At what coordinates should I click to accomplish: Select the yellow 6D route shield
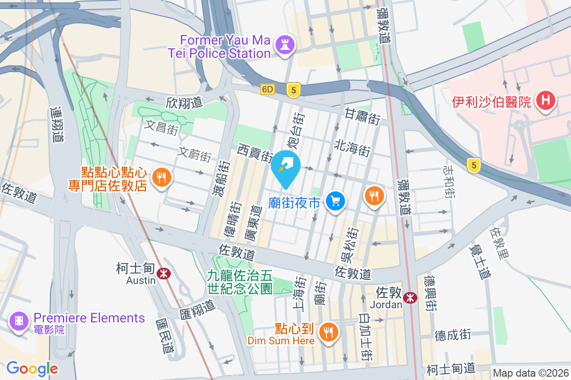[268, 89]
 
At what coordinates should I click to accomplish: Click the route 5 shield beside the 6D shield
[294, 90]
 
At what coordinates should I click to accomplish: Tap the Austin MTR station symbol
[164, 273]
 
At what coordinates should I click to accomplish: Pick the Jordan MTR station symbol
[409, 298]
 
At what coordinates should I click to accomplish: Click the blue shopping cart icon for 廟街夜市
[335, 201]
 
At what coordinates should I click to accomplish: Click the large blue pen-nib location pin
[286, 167]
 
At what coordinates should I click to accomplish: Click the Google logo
[32, 368]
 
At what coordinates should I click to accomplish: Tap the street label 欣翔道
[184, 102]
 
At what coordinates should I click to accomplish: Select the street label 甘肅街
[362, 116]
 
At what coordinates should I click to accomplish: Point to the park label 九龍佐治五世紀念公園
[239, 282]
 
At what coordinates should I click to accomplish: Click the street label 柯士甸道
[451, 368]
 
